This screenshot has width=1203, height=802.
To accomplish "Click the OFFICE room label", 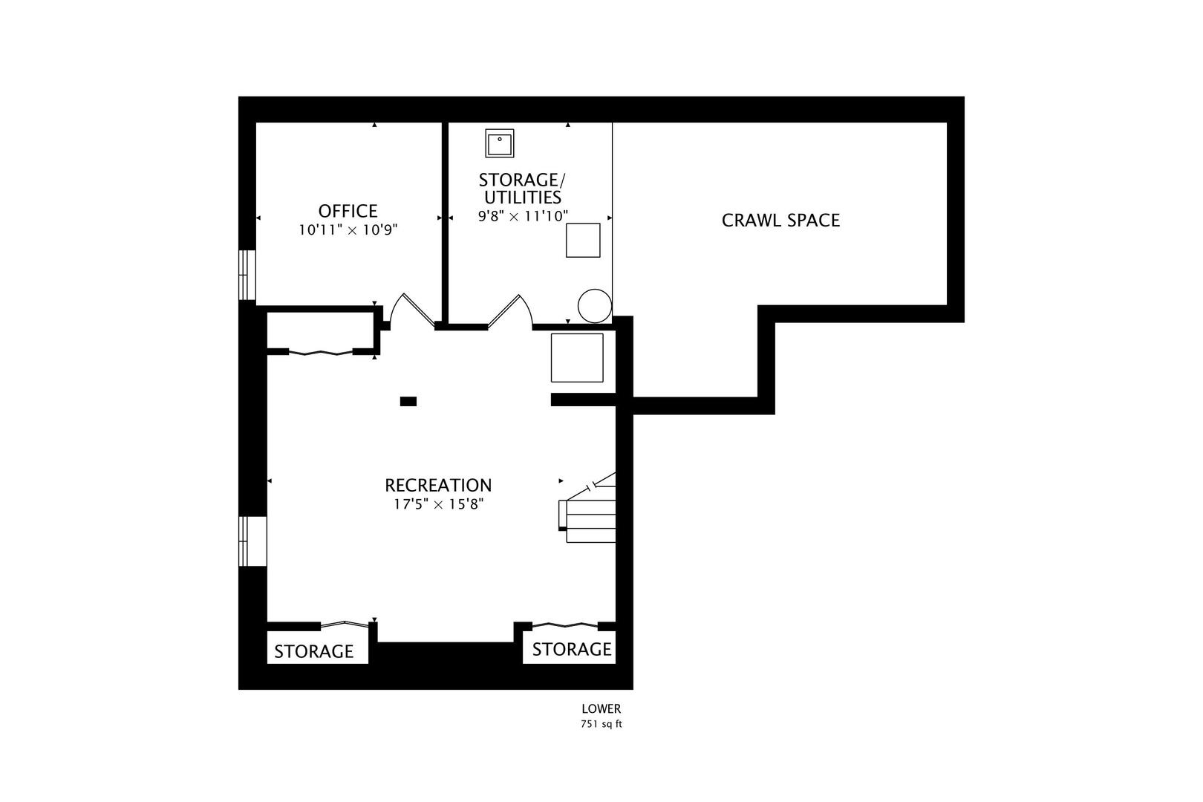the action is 348,211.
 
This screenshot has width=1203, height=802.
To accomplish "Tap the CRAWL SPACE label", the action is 780,221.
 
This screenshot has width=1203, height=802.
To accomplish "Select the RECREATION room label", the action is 437,485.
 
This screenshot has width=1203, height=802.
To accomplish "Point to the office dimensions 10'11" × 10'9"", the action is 348,230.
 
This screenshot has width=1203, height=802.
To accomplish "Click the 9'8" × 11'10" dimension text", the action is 523,216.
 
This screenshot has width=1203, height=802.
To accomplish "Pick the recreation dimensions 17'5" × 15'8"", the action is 439,504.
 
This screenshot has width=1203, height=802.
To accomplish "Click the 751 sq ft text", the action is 601,724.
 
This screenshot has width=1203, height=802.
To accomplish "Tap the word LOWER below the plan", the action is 601,709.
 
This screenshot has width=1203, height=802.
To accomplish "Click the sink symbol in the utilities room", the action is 500,143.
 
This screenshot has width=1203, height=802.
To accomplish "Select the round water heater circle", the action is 595,306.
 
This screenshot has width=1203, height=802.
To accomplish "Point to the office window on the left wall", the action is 247,275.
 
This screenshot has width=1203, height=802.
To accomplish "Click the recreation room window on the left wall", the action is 252,541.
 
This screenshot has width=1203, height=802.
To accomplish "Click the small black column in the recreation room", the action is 408,401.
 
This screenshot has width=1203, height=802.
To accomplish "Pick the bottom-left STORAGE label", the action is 313,651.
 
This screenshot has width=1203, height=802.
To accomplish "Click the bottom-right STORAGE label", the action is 572,650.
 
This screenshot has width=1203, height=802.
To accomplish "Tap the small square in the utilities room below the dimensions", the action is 583,240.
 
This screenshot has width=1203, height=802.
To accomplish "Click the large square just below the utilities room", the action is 577,358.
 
